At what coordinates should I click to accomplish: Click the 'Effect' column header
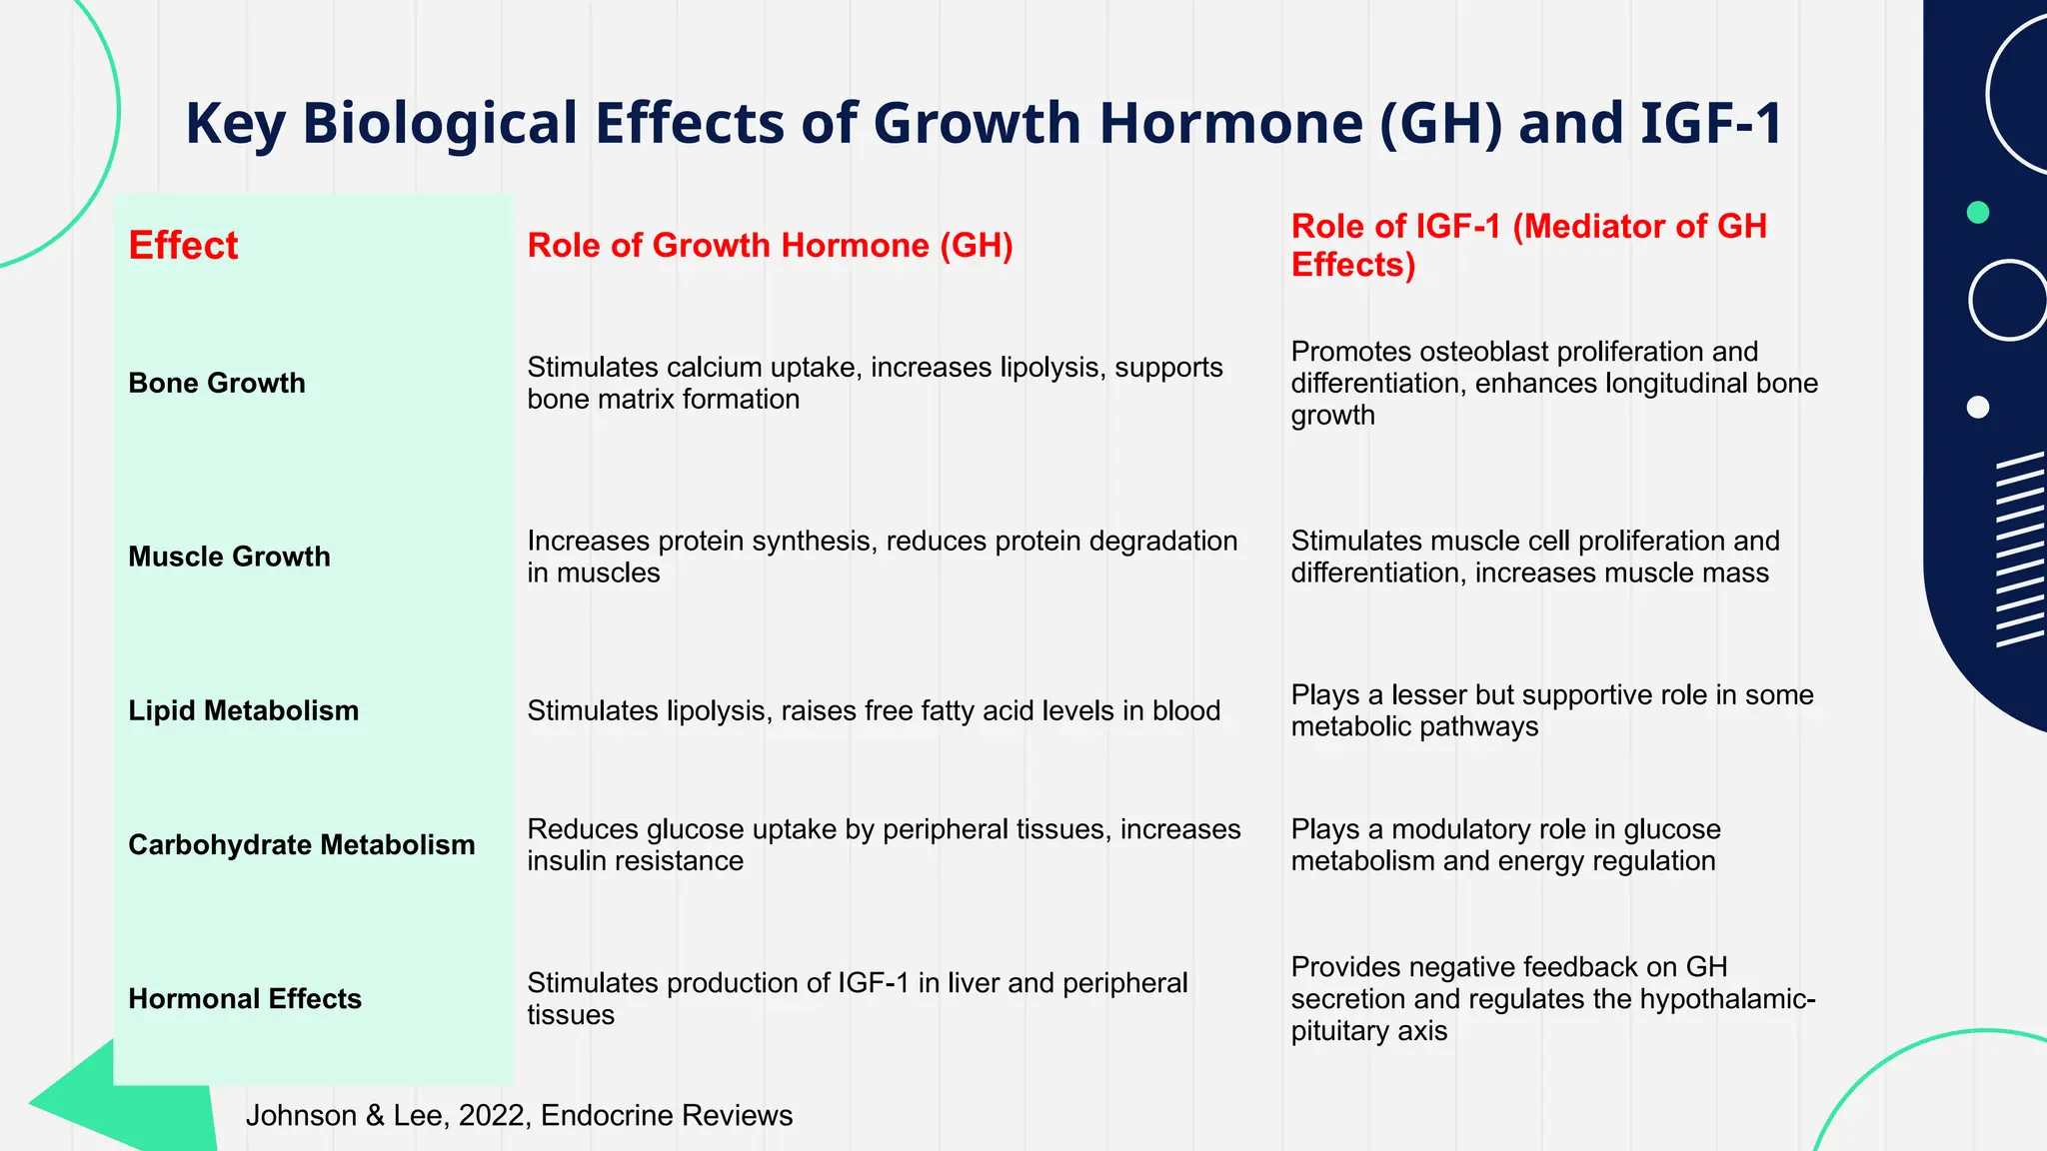[183, 246]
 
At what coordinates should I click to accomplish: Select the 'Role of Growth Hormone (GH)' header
[770, 246]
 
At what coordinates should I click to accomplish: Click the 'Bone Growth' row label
[217, 383]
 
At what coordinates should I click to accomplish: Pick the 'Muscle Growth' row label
[229, 557]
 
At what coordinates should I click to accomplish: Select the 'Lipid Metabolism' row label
[243, 710]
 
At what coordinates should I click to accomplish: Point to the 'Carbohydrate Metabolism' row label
[301, 845]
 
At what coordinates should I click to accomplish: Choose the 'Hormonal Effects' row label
[245, 999]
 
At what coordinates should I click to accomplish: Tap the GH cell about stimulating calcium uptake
[874, 383]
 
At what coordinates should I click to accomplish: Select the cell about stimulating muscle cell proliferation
[1534, 557]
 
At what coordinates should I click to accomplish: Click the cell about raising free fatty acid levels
[874, 710]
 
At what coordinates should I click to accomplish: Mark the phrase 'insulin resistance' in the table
[635, 861]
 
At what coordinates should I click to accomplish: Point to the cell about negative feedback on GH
[1552, 999]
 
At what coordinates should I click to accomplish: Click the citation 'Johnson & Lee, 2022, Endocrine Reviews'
[519, 1116]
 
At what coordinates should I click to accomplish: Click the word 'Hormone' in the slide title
[1229, 124]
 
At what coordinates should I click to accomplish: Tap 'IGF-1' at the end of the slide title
[1710, 124]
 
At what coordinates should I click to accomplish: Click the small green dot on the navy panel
[1977, 212]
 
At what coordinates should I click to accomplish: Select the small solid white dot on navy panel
[1977, 407]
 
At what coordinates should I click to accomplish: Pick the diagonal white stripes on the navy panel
[2019, 550]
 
